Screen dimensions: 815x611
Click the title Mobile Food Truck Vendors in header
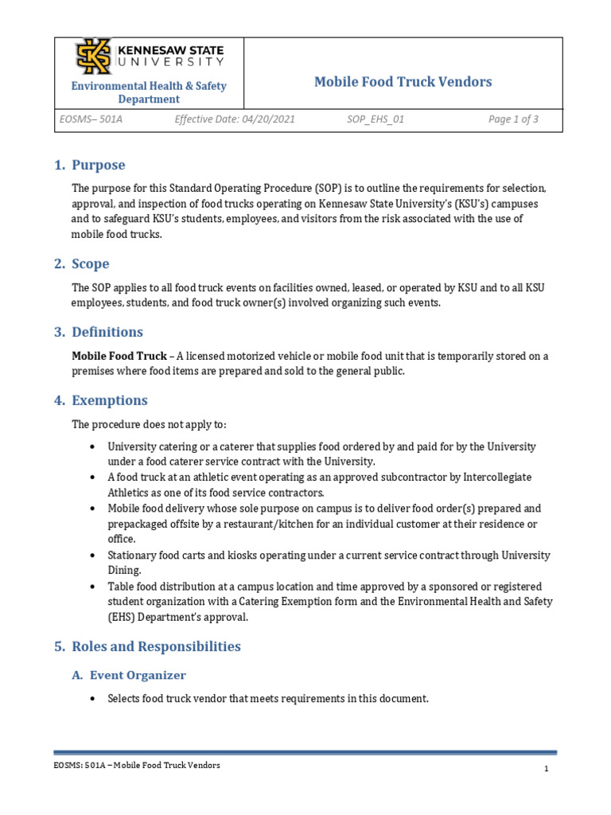403,82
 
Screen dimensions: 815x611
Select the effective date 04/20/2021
234,119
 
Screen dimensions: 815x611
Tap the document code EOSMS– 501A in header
91,119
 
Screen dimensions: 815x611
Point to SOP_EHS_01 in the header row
376,119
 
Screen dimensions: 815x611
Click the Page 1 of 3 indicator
513,119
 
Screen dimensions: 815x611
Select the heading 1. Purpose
89,166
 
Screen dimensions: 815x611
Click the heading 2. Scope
81,263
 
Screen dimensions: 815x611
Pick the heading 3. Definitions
98,332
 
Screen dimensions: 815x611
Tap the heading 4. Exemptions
100,400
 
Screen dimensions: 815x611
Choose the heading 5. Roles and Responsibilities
147,646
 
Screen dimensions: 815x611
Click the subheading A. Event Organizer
129,675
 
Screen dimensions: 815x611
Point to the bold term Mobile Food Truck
119,356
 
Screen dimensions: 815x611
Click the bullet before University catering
94,447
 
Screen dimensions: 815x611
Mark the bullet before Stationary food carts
94,556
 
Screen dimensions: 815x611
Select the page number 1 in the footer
547,769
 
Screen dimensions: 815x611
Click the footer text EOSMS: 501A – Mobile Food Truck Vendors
137,766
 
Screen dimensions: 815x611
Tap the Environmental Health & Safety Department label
149,92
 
